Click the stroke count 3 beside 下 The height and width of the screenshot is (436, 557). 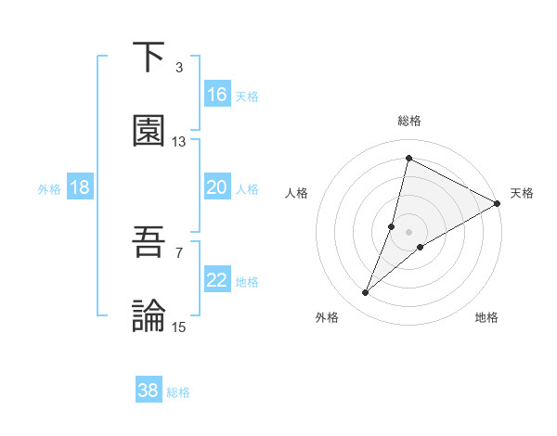[179, 68]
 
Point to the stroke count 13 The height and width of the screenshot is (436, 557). [179, 142]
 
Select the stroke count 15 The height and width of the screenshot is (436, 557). [179, 327]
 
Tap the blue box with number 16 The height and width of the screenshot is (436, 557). [217, 95]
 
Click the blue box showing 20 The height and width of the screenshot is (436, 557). [217, 187]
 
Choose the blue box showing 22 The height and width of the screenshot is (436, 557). [217, 280]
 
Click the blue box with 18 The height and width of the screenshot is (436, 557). [80, 187]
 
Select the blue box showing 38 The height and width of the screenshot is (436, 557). [149, 391]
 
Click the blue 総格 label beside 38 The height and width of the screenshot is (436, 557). [178, 392]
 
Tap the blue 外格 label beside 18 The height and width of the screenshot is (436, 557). [49, 189]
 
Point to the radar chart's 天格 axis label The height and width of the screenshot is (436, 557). [522, 193]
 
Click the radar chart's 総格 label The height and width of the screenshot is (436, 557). [409, 121]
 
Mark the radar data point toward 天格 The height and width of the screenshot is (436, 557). [498, 204]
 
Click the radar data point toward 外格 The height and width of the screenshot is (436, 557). [366, 293]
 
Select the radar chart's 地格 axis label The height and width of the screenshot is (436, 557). [486, 317]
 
